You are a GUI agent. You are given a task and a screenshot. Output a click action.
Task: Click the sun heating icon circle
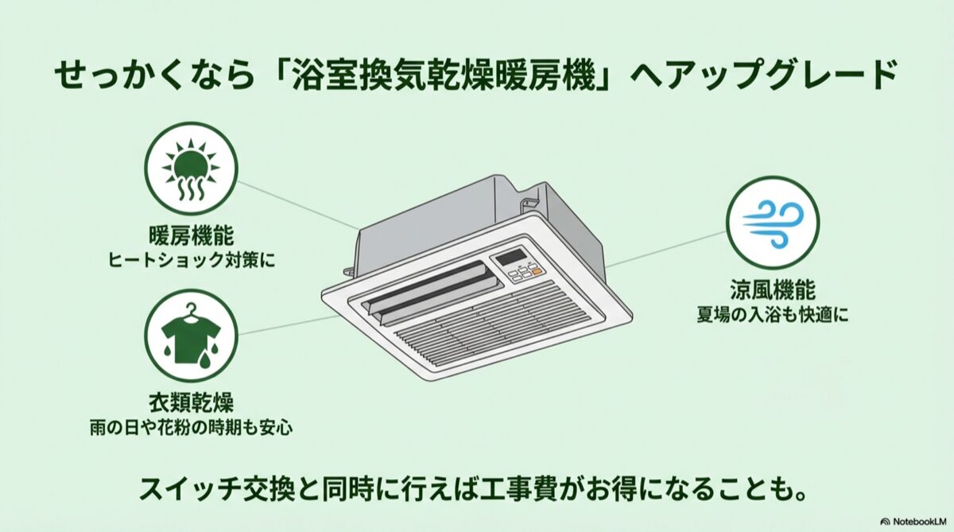191,169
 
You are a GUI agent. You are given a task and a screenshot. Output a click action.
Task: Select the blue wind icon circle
772,223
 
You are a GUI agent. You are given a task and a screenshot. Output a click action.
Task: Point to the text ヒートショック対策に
191,259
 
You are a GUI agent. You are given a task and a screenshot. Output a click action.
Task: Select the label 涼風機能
773,289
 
